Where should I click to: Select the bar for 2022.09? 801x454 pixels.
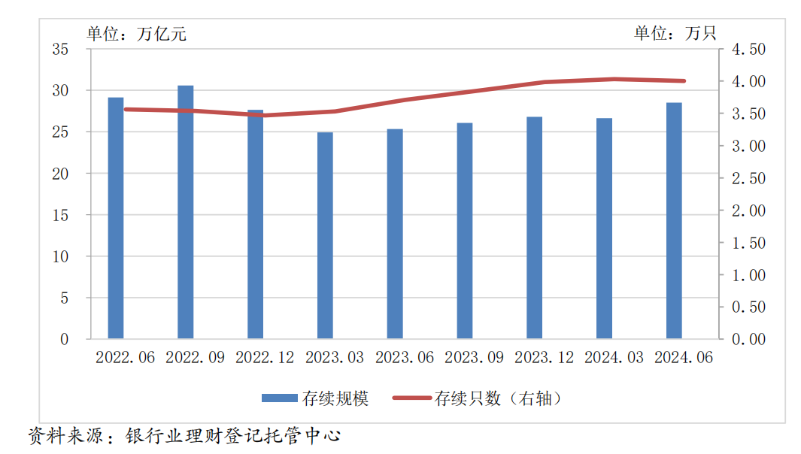pos(185,212)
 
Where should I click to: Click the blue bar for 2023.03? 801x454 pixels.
pos(325,235)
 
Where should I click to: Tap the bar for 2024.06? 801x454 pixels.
pos(674,221)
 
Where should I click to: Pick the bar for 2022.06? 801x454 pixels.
pos(116,218)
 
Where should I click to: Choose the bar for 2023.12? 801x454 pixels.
pos(534,228)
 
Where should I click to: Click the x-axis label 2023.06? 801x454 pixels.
pos(405,358)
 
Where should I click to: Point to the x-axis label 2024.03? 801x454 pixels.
pos(614,358)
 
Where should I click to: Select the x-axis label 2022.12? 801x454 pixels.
pos(265,358)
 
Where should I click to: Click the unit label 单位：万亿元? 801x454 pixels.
pos(136,33)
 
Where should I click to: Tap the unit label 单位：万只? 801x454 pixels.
pos(675,33)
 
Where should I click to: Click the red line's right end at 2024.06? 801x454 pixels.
pos(684,80)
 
